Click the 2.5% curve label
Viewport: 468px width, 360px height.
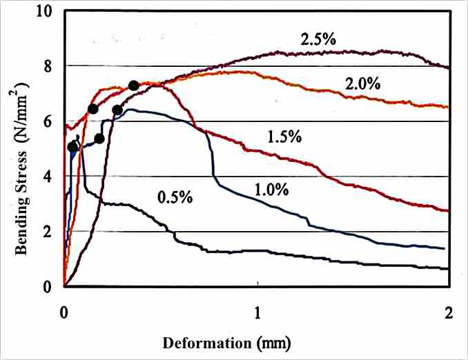[x=318, y=39]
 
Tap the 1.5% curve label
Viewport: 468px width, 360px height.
[x=284, y=137]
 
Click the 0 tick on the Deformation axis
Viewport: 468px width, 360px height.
[x=64, y=311]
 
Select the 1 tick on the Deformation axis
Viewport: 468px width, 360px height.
[x=257, y=311]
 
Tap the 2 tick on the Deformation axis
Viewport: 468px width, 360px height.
[x=449, y=311]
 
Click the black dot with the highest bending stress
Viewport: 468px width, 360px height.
[x=133, y=86]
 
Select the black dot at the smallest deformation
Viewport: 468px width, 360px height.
[x=73, y=147]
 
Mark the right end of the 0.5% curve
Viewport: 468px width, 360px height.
[x=449, y=268]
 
